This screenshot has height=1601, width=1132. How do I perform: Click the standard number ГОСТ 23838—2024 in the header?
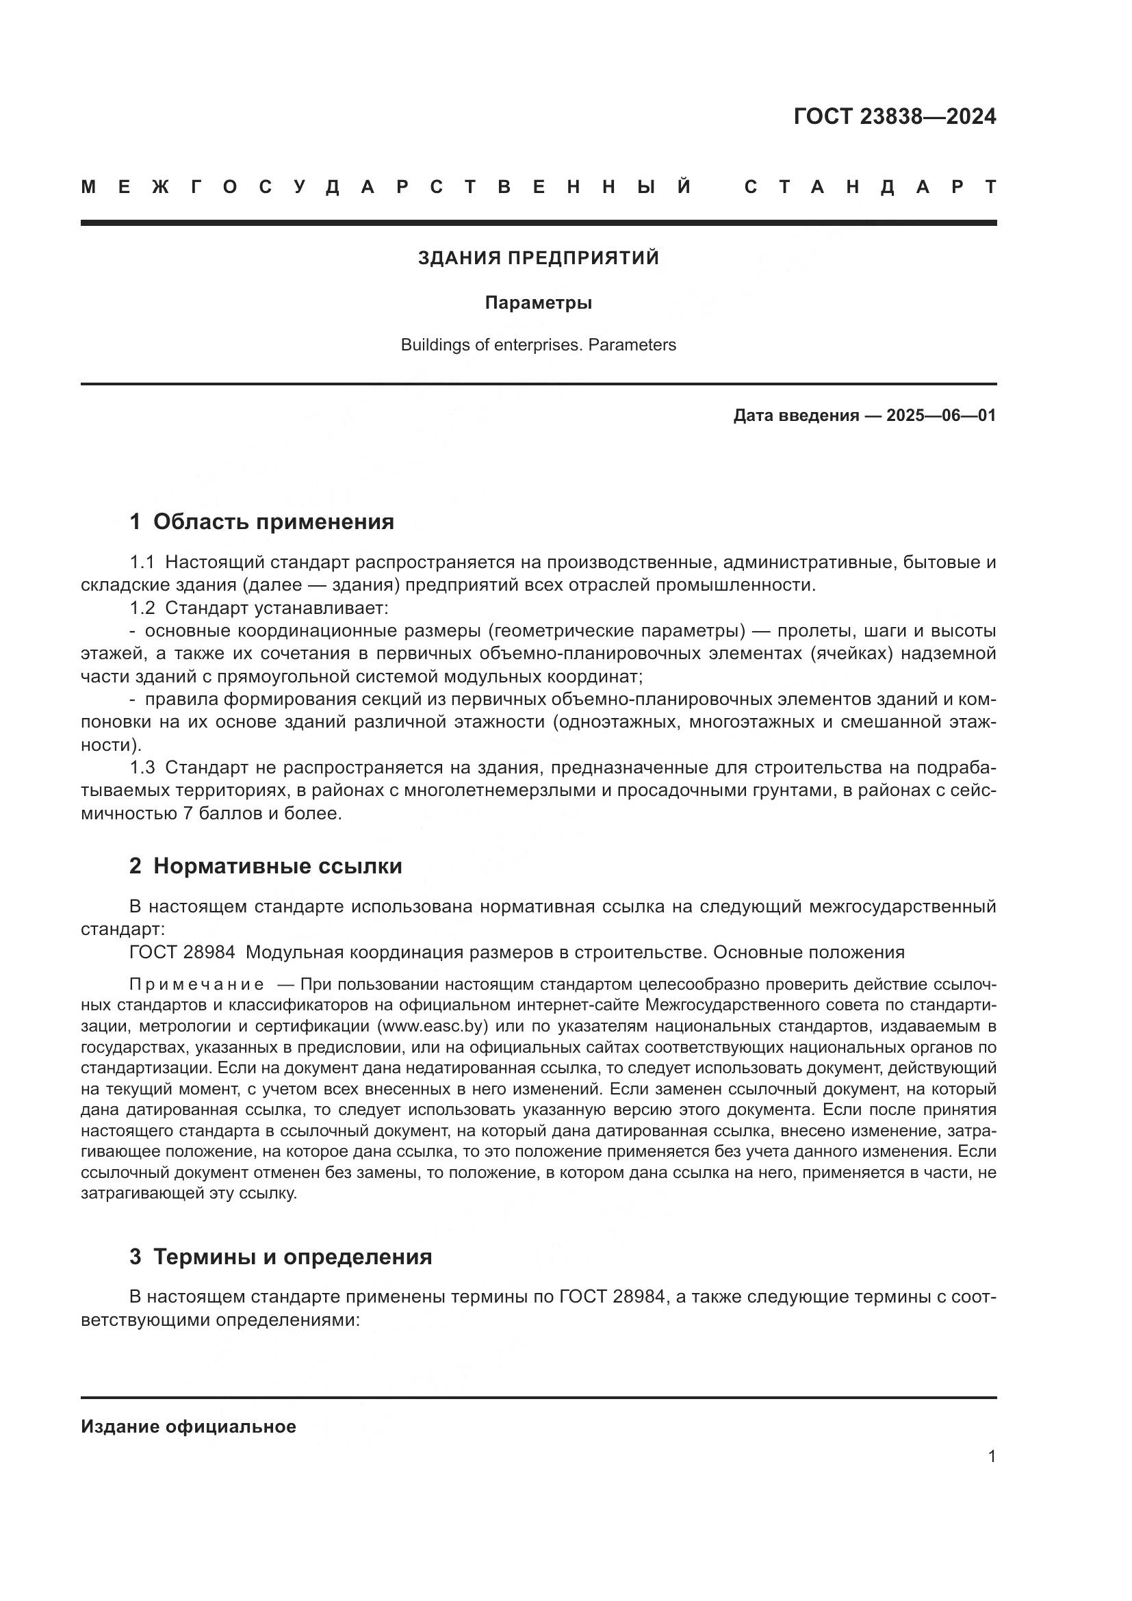point(895,116)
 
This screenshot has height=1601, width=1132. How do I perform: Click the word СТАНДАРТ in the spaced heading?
point(870,188)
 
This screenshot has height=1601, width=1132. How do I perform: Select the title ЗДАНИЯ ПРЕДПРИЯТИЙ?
point(538,258)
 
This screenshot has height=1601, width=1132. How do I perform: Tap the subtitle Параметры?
point(538,303)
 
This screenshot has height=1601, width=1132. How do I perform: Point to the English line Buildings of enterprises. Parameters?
point(538,345)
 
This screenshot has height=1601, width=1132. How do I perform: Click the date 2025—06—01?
point(940,416)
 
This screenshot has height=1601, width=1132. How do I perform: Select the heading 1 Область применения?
point(261,522)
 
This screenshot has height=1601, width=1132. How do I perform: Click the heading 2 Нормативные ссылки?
point(266,866)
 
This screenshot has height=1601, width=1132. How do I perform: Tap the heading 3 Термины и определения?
point(280,1257)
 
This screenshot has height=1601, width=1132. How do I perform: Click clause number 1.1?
point(142,562)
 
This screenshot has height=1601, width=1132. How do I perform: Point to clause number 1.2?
point(142,608)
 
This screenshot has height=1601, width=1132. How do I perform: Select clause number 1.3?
point(142,768)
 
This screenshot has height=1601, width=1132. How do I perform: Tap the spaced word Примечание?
point(196,984)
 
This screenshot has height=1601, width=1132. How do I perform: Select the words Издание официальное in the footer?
point(188,1426)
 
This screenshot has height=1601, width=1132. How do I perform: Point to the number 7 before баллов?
point(187,814)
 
